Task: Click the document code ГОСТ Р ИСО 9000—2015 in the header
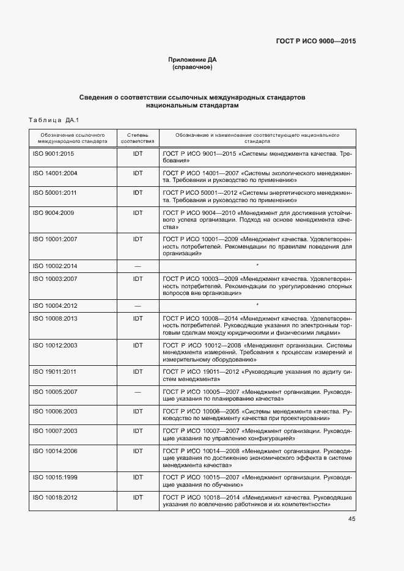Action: click(315, 41)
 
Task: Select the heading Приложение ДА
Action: click(193, 59)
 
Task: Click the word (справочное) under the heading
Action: click(193, 67)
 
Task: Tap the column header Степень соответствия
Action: click(138, 137)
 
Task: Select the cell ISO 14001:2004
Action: click(55, 173)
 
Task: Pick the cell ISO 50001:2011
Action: click(55, 193)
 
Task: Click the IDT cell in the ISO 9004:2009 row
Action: click(138, 213)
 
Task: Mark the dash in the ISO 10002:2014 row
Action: click(138, 266)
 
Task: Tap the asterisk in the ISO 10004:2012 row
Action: click(257, 305)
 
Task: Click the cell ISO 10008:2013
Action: click(55, 318)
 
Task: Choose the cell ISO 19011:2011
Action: click(55, 371)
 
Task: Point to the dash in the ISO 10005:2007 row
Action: click(138, 391)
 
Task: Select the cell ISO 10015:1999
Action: click(55, 476)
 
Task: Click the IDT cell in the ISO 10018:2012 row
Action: click(138, 498)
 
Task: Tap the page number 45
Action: click(352, 519)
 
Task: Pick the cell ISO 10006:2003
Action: click(55, 411)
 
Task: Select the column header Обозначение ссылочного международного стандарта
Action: click(73, 137)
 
